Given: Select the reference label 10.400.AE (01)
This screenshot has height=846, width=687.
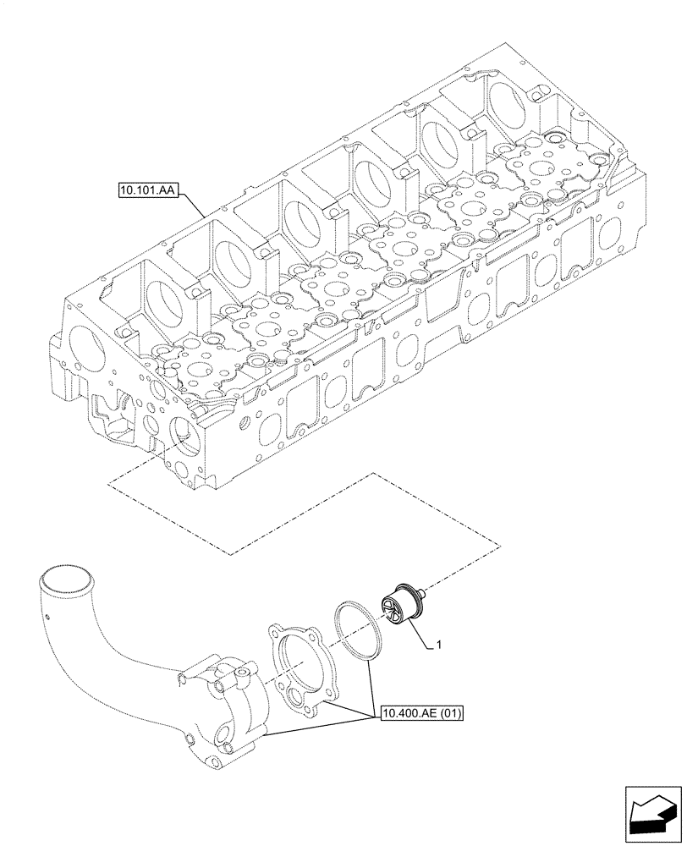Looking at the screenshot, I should [x=420, y=713].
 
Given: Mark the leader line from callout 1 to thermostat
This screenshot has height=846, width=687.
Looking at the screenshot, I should [x=424, y=639].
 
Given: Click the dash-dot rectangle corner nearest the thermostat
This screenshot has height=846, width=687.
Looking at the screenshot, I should [x=499, y=542].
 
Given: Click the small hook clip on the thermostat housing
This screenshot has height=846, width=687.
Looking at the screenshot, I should [x=180, y=678].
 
